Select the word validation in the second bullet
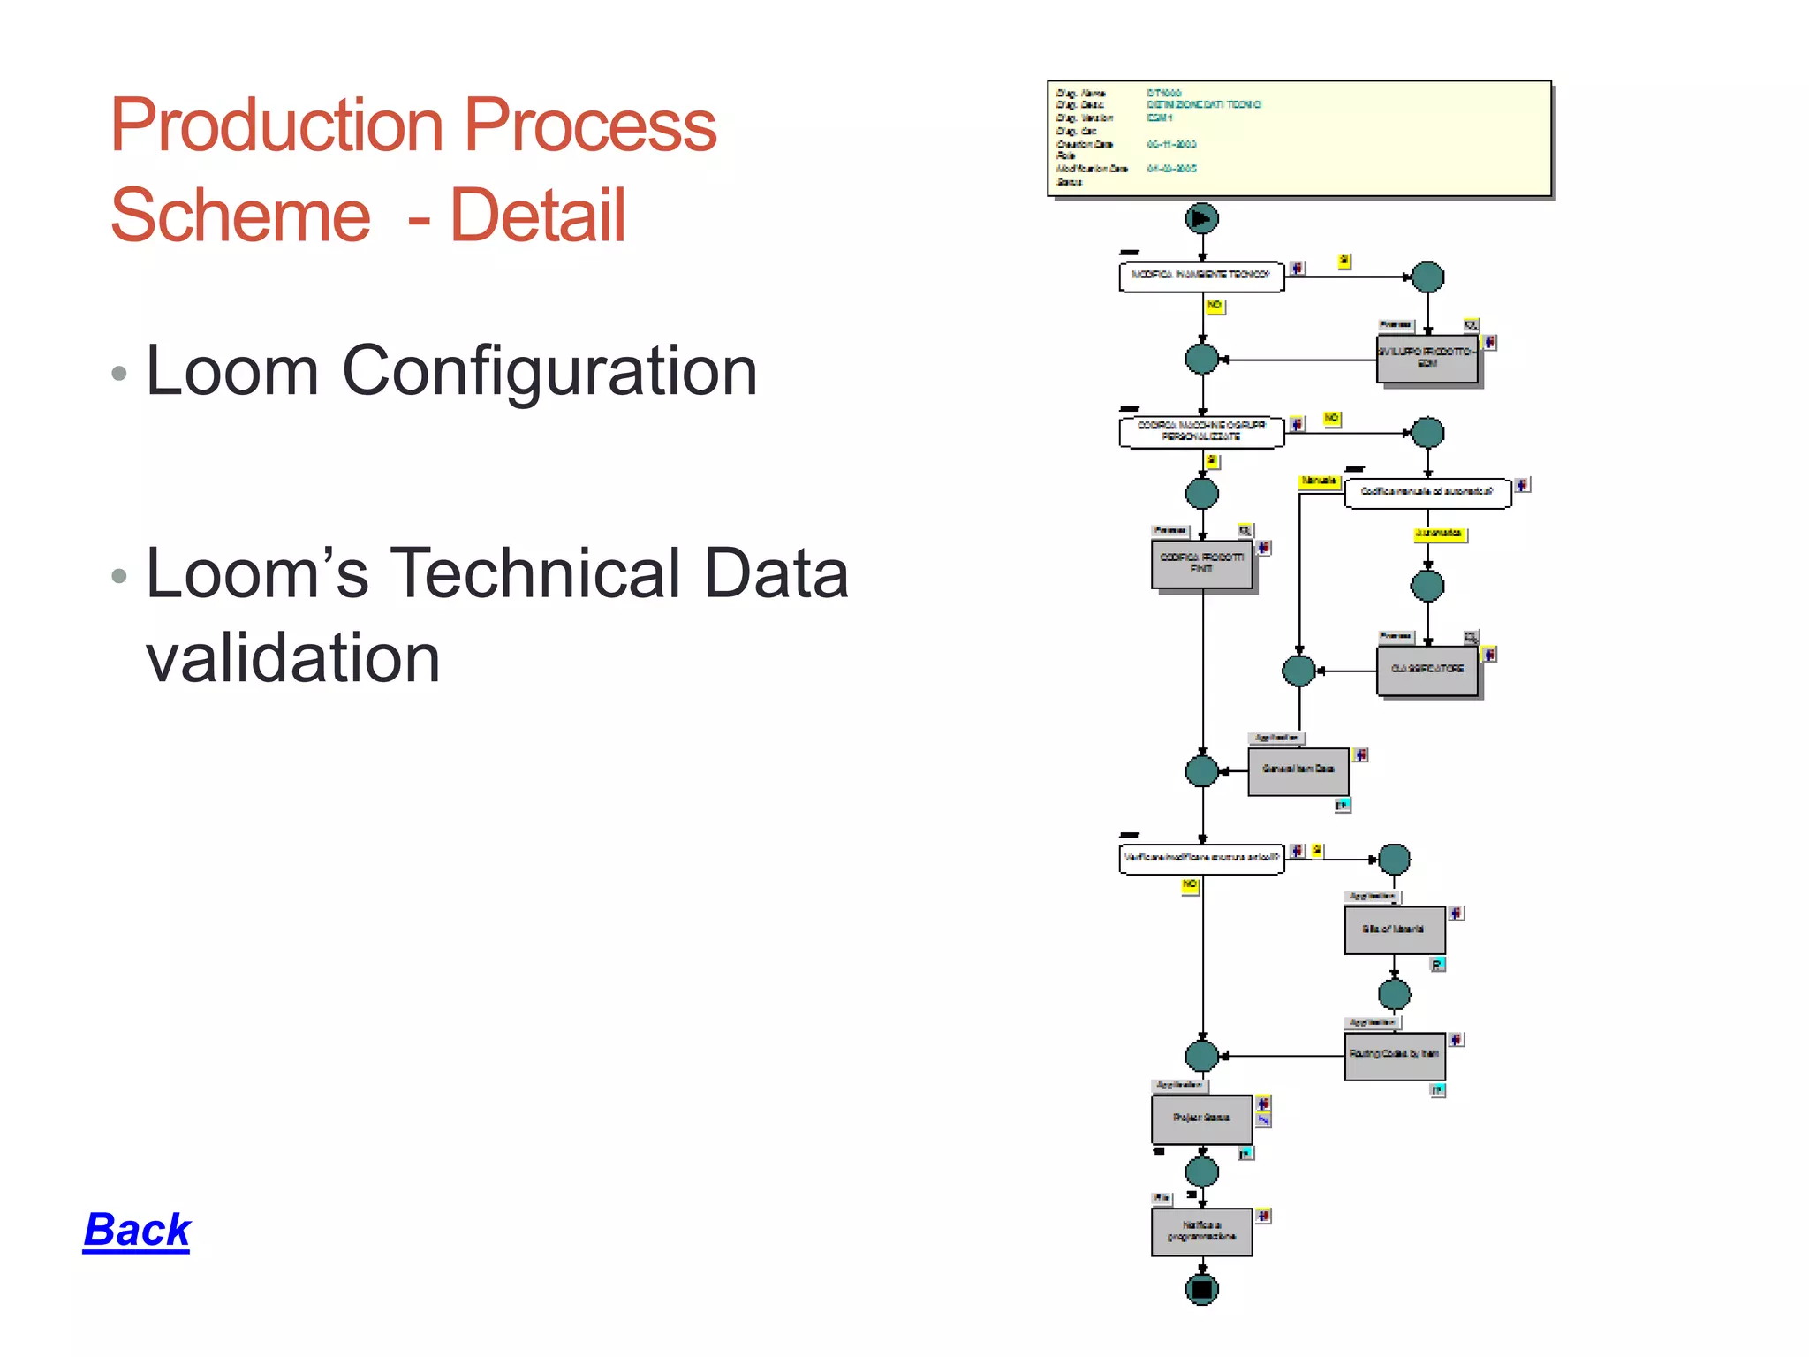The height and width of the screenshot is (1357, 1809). pyautogui.click(x=292, y=658)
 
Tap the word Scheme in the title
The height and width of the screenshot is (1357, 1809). pyautogui.click(x=240, y=216)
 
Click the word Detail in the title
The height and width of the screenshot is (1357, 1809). pyautogui.click(x=538, y=216)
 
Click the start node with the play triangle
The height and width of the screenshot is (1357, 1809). pyautogui.click(x=1201, y=218)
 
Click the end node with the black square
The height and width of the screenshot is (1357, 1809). pyautogui.click(x=1201, y=1289)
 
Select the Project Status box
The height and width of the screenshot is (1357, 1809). pyautogui.click(x=1201, y=1119)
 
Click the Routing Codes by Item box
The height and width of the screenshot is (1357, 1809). pyautogui.click(x=1394, y=1056)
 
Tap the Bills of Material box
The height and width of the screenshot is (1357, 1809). pyautogui.click(x=1394, y=929)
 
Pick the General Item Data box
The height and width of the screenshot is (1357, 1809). pyautogui.click(x=1298, y=771)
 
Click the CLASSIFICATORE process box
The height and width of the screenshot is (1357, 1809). pyautogui.click(x=1427, y=671)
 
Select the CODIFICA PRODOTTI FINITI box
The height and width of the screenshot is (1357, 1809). pyautogui.click(x=1201, y=565)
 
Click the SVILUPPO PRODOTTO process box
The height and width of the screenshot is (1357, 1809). pyautogui.click(x=1427, y=359)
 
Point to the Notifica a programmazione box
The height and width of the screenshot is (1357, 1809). pyautogui.click(x=1201, y=1232)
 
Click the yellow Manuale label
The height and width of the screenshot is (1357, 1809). pyautogui.click(x=1319, y=481)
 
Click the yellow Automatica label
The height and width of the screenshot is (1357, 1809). pyautogui.click(x=1439, y=534)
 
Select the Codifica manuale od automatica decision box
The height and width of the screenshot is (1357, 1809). pyautogui.click(x=1427, y=493)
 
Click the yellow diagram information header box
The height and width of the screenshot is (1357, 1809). pyautogui.click(x=1298, y=139)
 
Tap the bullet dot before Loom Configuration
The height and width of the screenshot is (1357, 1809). pyautogui.click(x=119, y=374)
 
